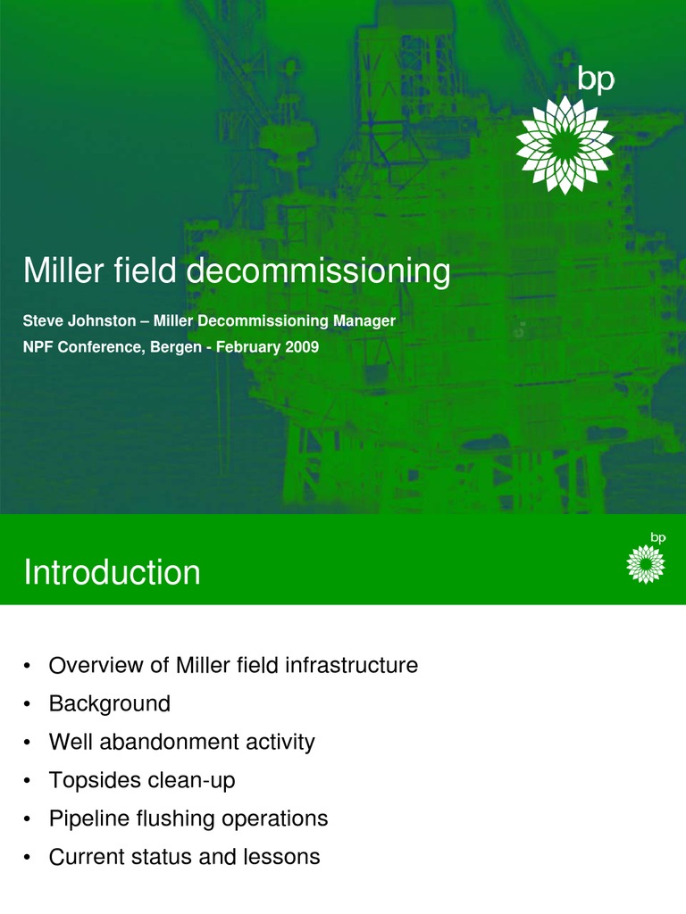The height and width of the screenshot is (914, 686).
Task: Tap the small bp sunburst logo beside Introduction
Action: [x=645, y=563]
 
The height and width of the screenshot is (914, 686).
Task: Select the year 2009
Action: [x=302, y=347]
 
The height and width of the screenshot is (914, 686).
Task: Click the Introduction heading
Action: [x=112, y=572]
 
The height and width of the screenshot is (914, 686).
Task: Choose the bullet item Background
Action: [x=109, y=704]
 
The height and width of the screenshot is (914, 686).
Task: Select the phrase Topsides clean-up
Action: [x=141, y=781]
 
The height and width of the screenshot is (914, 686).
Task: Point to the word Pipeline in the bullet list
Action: [x=84, y=818]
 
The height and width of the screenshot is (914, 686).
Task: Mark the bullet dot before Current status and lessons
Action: [x=29, y=859]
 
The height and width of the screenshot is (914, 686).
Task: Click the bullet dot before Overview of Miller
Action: [x=29, y=667]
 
